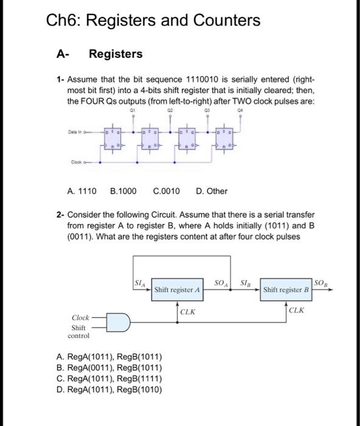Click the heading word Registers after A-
tap(116, 54)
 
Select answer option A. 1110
tap(81, 191)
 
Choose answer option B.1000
tap(123, 191)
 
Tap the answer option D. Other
tap(212, 191)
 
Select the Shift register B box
tap(286, 290)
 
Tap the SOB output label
tap(322, 282)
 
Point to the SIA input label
tap(140, 281)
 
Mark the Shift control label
tap(79, 331)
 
